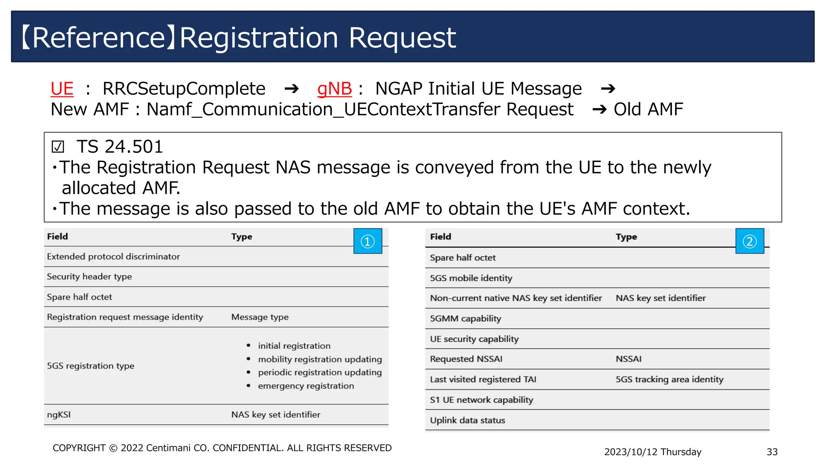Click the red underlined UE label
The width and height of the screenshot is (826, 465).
62,89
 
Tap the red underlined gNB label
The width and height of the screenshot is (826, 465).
334,89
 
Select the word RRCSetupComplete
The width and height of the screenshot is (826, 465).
184,89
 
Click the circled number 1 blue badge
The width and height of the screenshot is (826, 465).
367,241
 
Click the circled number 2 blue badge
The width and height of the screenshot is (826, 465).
749,241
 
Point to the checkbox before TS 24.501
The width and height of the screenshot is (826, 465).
58,147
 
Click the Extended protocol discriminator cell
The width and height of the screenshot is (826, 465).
113,257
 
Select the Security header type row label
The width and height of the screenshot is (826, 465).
89,277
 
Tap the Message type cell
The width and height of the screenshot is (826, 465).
260,317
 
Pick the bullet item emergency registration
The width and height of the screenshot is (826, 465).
306,386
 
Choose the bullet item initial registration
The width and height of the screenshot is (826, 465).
294,346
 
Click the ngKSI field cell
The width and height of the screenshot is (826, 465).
59,415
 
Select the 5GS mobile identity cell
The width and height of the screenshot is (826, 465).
471,278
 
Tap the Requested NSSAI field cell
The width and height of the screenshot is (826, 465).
466,359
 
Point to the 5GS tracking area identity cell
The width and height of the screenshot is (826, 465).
669,379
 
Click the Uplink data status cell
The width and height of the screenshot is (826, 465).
467,420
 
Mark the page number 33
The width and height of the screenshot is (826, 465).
772,452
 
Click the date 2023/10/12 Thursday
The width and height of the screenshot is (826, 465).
652,452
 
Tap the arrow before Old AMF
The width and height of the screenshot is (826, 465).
599,109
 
